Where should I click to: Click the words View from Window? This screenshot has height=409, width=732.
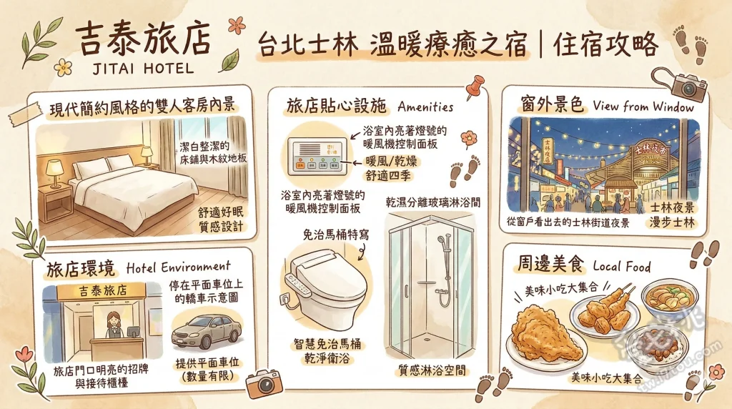click(x=643, y=107)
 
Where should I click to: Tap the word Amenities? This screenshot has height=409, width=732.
click(x=425, y=107)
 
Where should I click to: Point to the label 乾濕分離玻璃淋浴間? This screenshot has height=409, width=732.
click(x=432, y=202)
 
